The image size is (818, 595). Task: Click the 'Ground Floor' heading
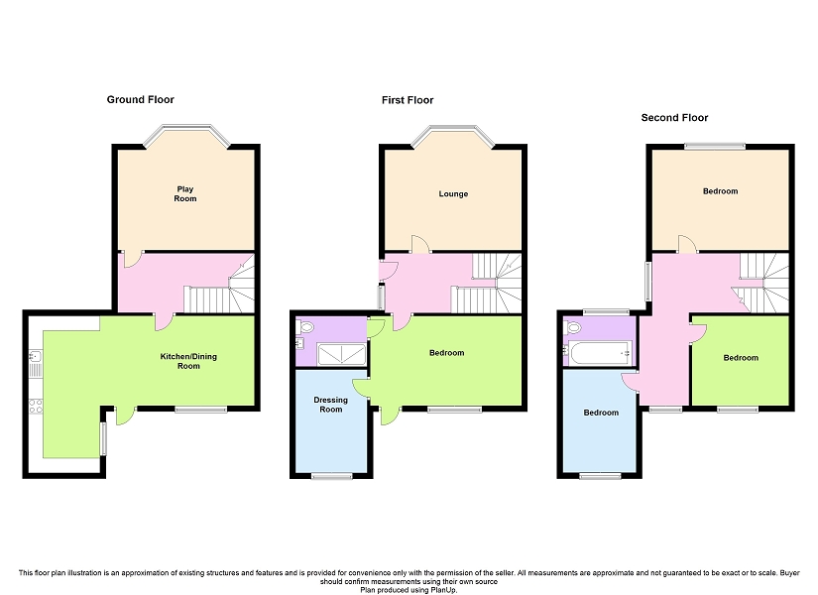pyautogui.click(x=140, y=99)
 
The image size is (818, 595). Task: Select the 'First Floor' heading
pyautogui.click(x=408, y=100)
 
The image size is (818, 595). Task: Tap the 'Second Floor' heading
pyautogui.click(x=674, y=117)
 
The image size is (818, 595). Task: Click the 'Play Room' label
pyautogui.click(x=185, y=193)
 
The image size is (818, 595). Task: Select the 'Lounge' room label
pyautogui.click(x=453, y=193)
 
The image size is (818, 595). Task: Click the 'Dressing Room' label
pyautogui.click(x=330, y=405)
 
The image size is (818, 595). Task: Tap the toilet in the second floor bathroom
pyautogui.click(x=572, y=327)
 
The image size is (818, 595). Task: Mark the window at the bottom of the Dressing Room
pyautogui.click(x=331, y=476)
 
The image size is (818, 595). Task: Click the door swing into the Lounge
pyautogui.click(x=420, y=243)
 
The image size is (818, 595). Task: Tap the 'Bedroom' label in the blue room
pyautogui.click(x=600, y=413)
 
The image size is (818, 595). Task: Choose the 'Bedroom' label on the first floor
pyautogui.click(x=446, y=353)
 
